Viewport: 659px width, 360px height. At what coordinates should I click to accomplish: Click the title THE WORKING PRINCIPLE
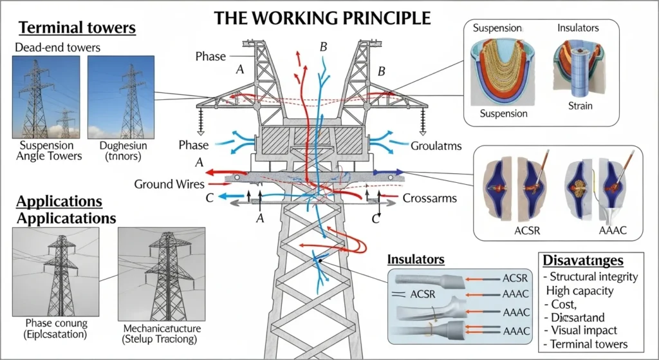[322, 17]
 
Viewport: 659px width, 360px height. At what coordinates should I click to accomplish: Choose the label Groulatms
[436, 146]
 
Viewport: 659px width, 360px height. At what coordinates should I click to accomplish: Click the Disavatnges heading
[583, 260]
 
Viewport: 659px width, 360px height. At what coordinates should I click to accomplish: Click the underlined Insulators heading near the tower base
[416, 260]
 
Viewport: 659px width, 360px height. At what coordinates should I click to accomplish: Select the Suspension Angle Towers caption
[51, 151]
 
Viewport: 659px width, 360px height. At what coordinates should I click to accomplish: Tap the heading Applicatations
[66, 218]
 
